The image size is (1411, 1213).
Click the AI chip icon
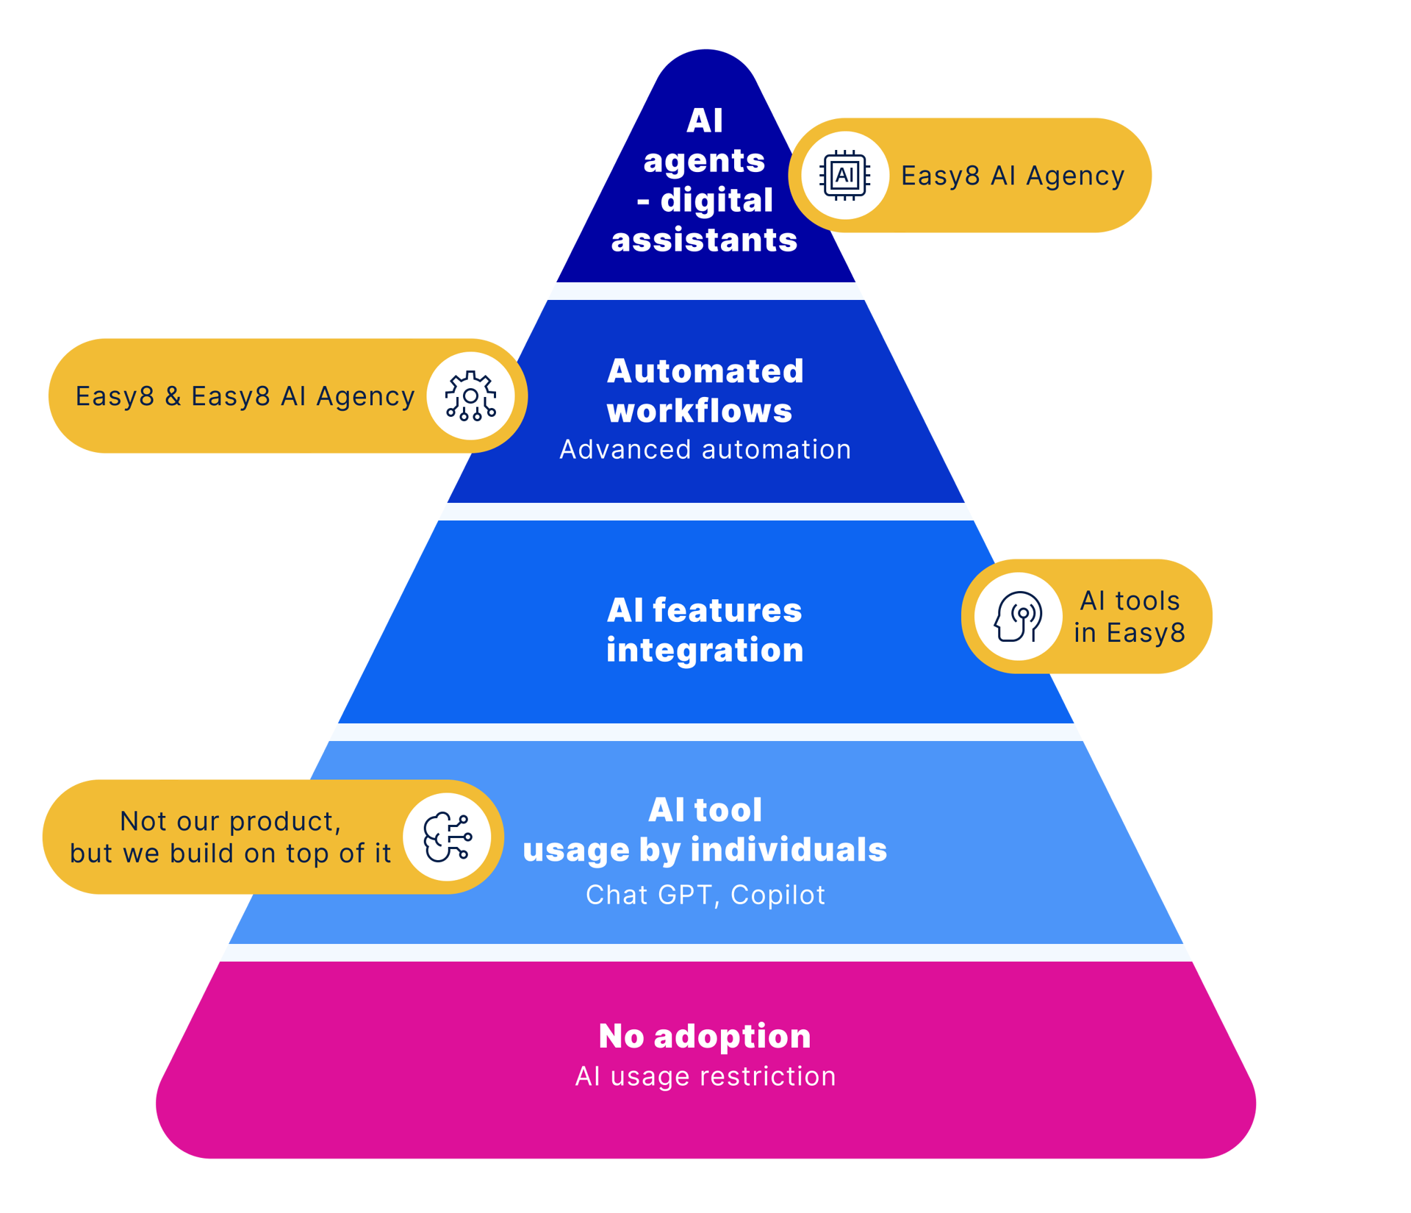point(844,175)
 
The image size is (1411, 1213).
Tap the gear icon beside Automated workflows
point(470,396)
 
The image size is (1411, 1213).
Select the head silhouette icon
point(1018,616)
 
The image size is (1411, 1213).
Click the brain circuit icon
point(447,837)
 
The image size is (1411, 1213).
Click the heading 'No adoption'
point(705,1036)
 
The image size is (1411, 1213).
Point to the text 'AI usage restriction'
point(705,1076)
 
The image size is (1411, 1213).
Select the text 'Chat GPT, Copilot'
point(705,895)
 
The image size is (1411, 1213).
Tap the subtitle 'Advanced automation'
point(705,449)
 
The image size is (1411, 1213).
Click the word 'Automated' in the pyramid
point(705,371)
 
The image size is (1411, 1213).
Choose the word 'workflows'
point(700,410)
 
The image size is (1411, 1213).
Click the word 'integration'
point(705,650)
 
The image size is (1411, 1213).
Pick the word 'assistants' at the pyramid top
point(704,240)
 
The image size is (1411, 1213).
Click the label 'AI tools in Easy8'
point(1130,616)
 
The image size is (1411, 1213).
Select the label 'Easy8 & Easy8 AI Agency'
point(245,396)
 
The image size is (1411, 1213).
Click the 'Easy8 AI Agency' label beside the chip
point(1013,176)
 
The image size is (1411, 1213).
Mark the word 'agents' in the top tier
point(704,161)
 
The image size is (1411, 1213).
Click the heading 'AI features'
point(704,609)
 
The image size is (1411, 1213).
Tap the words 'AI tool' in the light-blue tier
point(705,809)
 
